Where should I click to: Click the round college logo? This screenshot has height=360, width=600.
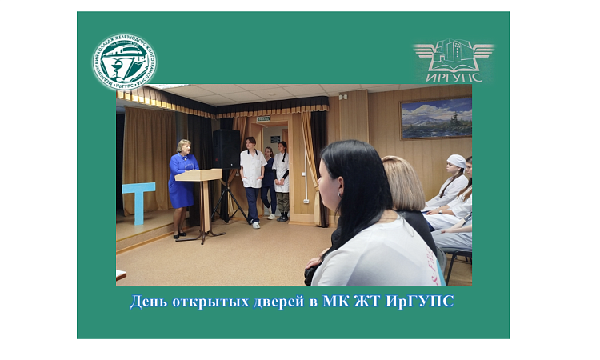pos(124,62)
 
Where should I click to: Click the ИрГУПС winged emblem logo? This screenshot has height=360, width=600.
pos(454,60)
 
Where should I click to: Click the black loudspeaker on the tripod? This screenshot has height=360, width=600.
pos(226,149)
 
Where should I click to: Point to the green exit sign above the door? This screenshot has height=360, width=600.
pos(263,118)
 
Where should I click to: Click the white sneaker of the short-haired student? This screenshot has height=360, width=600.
pos(255,225)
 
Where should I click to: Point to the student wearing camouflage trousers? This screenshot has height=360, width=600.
pos(282,180)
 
